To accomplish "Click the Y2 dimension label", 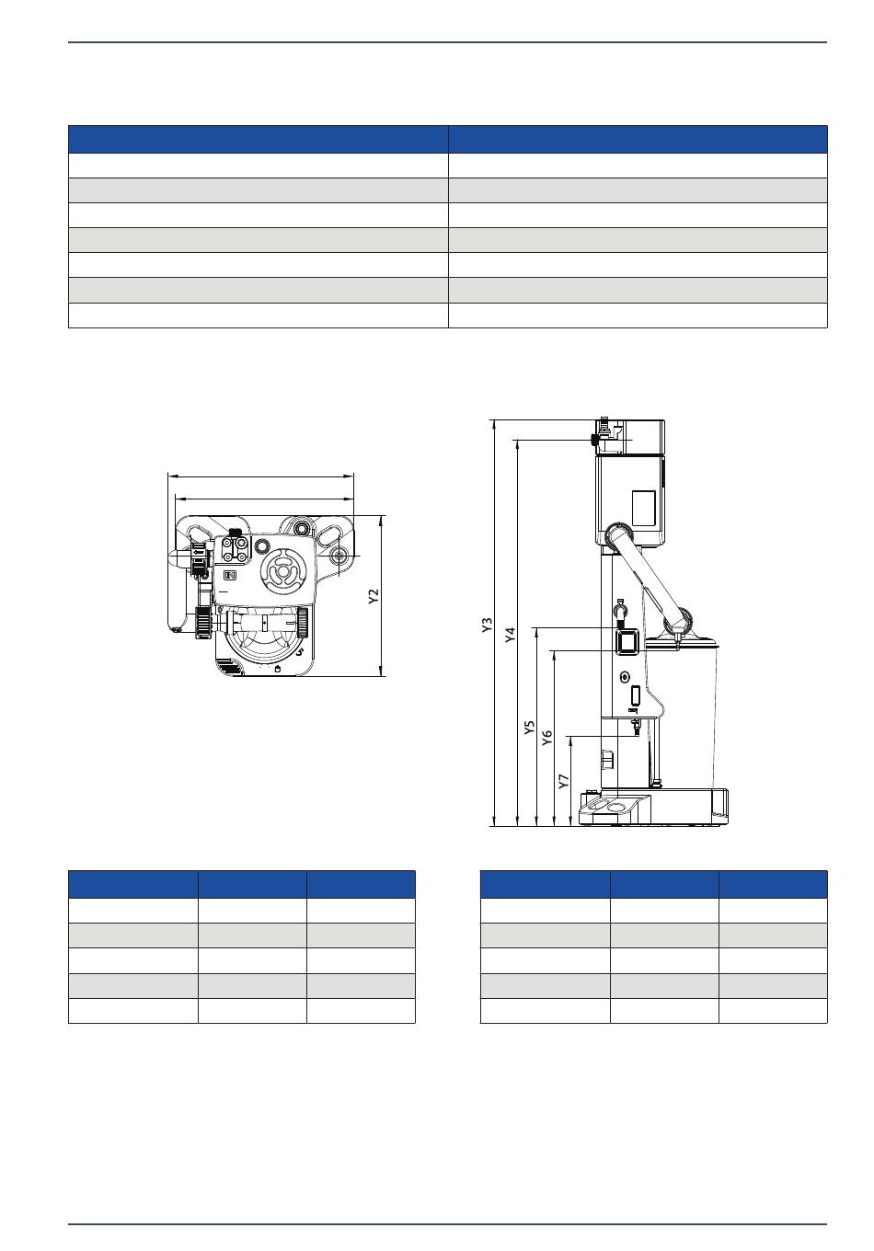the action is tap(374, 596).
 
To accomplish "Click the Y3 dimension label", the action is tap(487, 625).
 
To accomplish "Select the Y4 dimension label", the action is tap(510, 635).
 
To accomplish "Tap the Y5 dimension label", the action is tap(529, 727).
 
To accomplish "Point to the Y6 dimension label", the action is tap(547, 737).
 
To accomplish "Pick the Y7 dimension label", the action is tap(564, 781).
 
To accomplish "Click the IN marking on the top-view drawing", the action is tap(230, 575).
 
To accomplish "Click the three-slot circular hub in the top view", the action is tap(283, 572).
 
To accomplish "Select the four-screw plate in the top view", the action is tap(235, 548).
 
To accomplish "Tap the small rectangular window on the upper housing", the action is tap(643, 507).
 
